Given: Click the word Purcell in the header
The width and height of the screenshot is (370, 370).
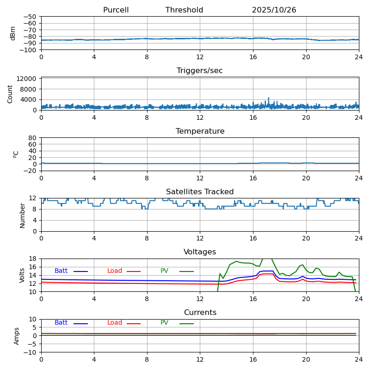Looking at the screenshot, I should (x=116, y=10).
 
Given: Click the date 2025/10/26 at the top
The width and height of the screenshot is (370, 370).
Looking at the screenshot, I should (x=274, y=10).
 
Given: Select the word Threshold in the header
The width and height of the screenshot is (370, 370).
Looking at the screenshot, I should (x=184, y=10).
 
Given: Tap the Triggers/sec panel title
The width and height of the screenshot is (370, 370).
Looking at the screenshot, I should (x=200, y=71).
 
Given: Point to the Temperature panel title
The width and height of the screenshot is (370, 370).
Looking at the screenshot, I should (x=200, y=131).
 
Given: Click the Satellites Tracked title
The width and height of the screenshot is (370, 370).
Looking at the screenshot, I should (x=200, y=192).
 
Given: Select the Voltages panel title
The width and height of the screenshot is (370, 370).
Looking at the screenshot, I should (x=200, y=252).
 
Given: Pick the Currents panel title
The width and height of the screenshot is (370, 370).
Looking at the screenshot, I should (x=200, y=313).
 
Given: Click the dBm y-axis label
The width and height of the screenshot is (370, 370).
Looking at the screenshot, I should (x=13, y=33).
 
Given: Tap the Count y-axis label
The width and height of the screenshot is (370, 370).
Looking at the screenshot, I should (x=11, y=93).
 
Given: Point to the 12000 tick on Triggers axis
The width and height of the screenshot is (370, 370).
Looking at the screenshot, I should (x=28, y=79).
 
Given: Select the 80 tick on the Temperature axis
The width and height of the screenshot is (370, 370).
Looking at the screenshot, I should (x=33, y=138).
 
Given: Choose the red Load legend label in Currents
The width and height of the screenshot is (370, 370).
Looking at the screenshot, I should (x=115, y=323).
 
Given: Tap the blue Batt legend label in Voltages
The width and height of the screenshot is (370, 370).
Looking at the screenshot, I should (x=61, y=271).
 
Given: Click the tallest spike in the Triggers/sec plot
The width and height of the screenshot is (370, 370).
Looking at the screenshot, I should (x=268, y=98).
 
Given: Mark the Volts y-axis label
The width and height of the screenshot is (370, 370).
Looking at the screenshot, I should (x=22, y=275).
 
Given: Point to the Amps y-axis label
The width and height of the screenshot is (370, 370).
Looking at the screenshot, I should (x=17, y=336).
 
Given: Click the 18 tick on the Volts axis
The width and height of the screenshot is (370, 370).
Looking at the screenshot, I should (x=33, y=259).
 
